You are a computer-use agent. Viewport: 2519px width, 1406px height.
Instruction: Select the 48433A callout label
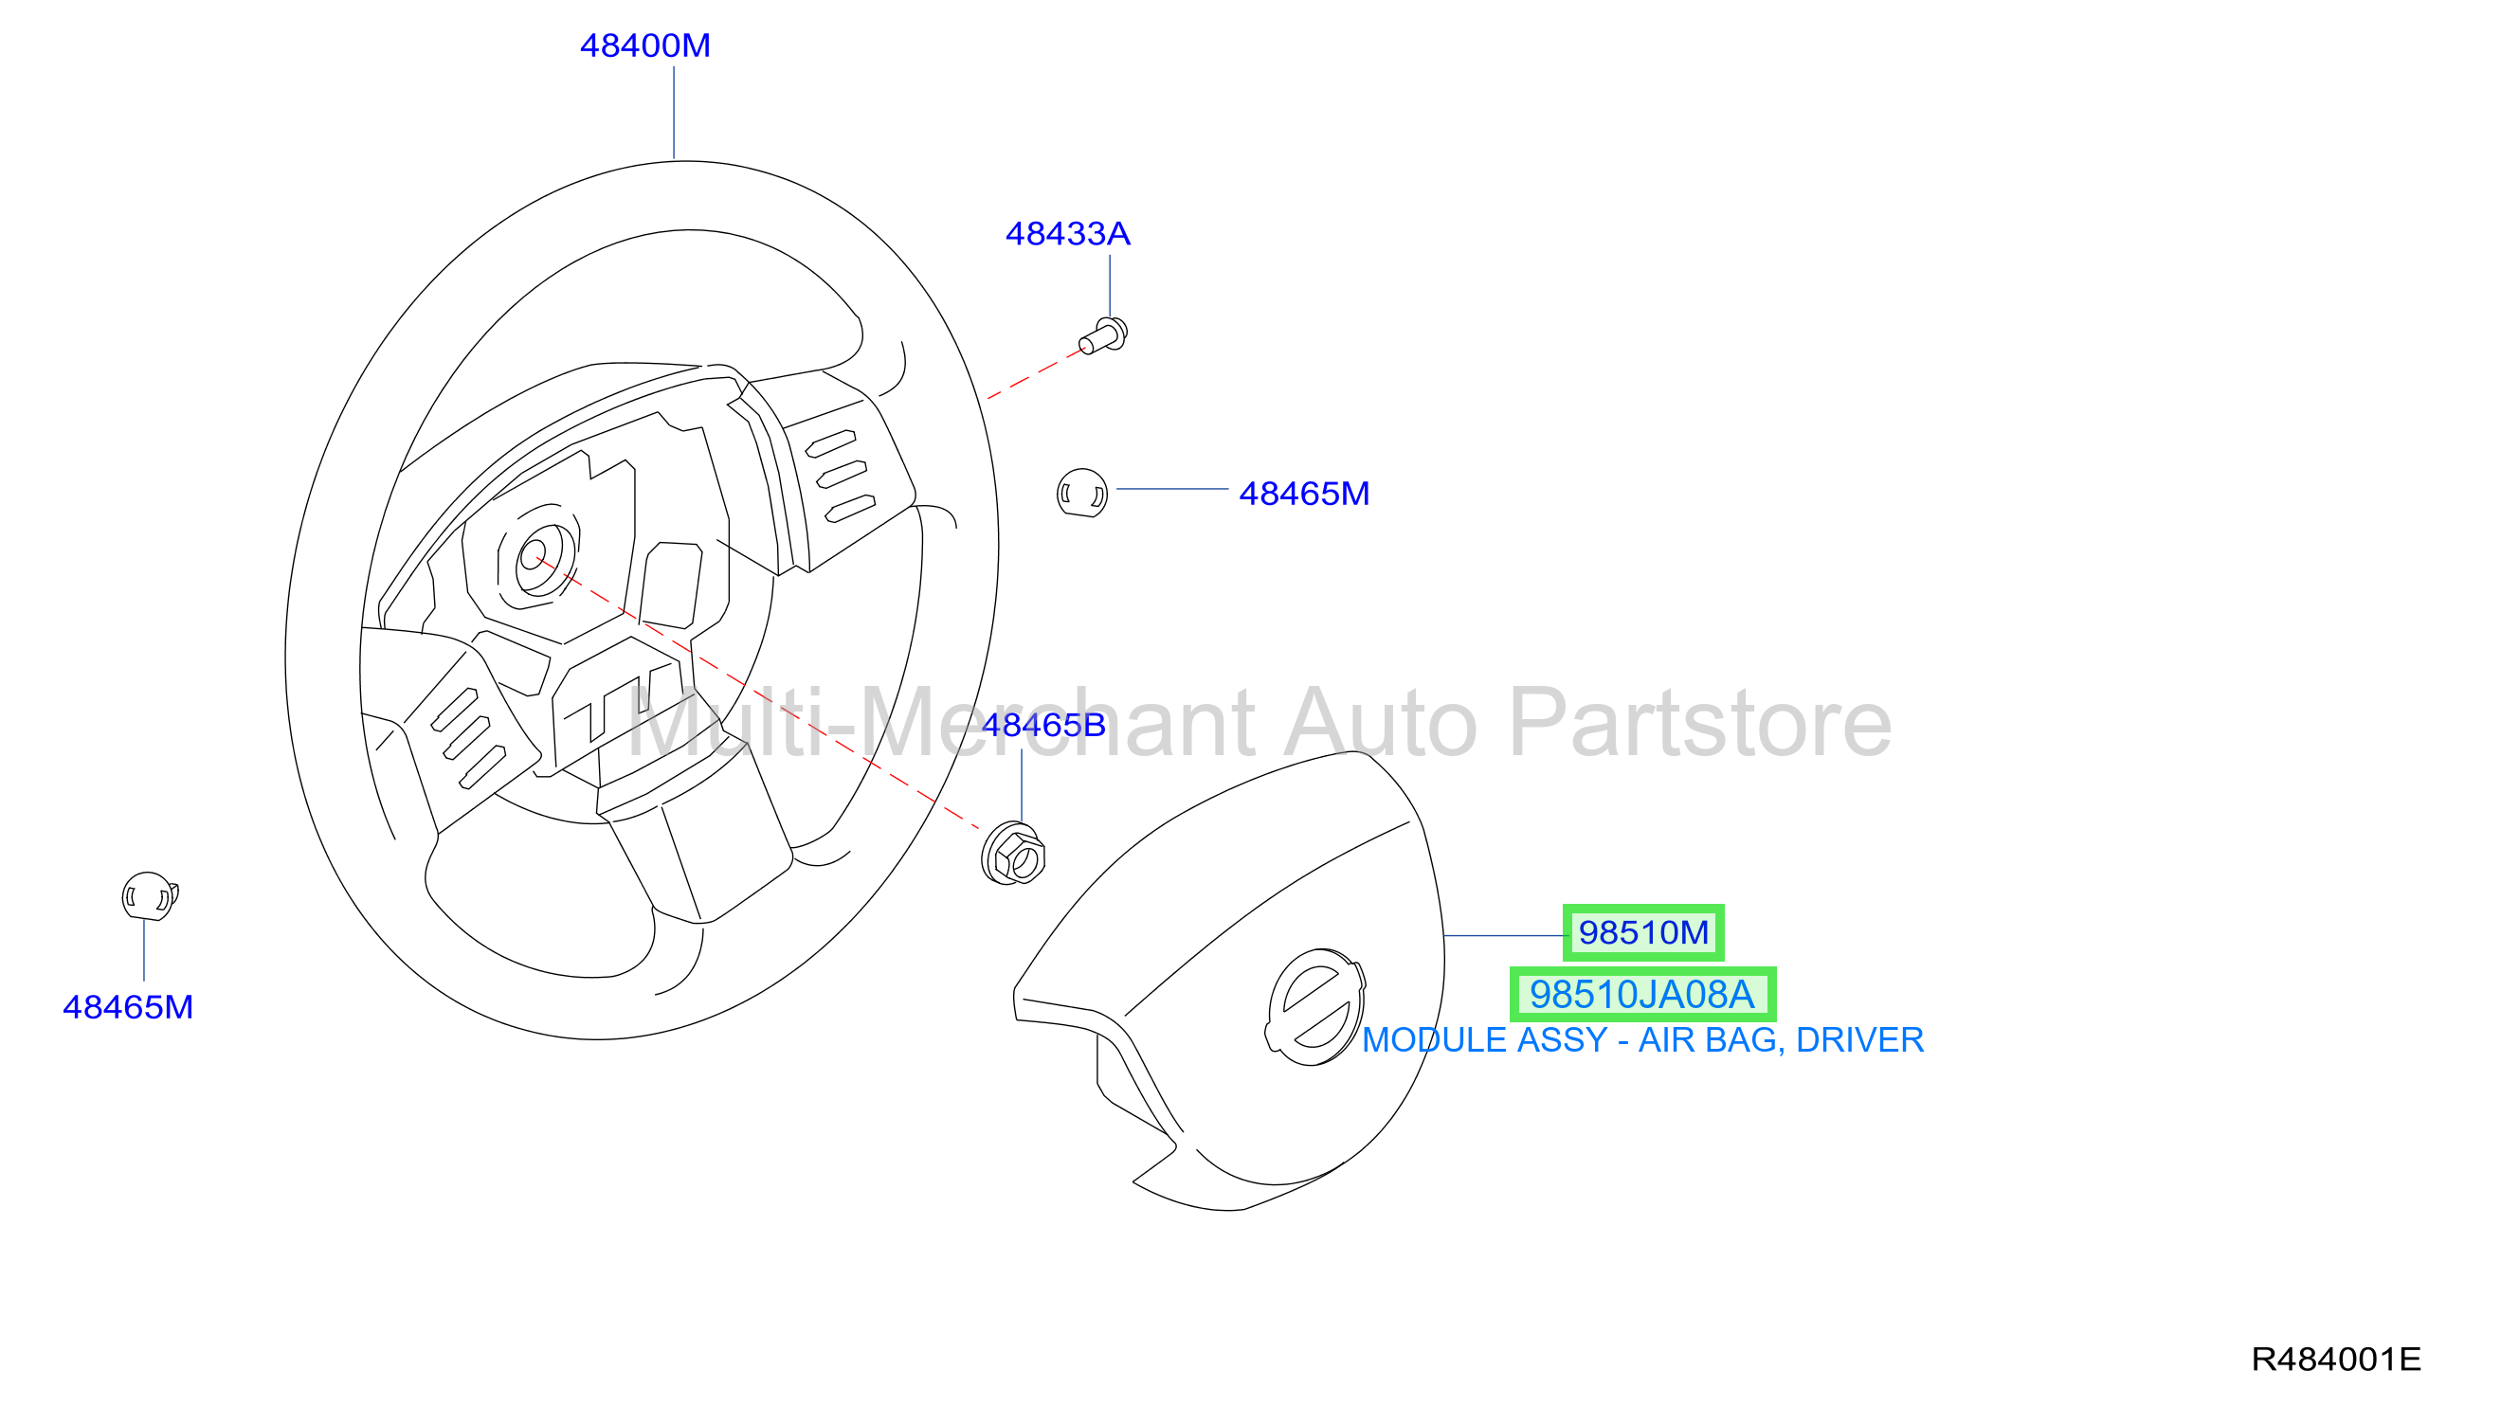pos(1068,234)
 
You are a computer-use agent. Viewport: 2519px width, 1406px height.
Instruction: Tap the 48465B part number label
pos(1043,726)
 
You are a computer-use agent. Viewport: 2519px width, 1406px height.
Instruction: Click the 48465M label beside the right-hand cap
pos(1304,494)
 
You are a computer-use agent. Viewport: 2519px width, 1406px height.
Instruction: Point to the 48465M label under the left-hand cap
pos(128,1007)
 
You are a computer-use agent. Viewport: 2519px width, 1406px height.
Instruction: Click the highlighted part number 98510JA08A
pos(1642,995)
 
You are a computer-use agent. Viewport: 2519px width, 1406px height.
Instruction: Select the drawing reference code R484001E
pos(2336,1359)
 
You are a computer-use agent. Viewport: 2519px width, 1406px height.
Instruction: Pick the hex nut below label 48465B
pos(1013,854)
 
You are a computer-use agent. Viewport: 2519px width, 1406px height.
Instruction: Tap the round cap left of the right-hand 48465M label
pos(1082,492)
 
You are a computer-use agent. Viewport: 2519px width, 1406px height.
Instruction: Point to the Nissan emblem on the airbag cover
pos(1315,1007)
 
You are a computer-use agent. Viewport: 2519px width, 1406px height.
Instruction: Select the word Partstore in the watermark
pos(1701,725)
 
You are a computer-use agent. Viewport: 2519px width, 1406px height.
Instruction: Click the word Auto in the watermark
pos(1382,725)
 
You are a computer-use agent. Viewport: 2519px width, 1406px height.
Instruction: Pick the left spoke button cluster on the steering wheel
pos(469,738)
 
